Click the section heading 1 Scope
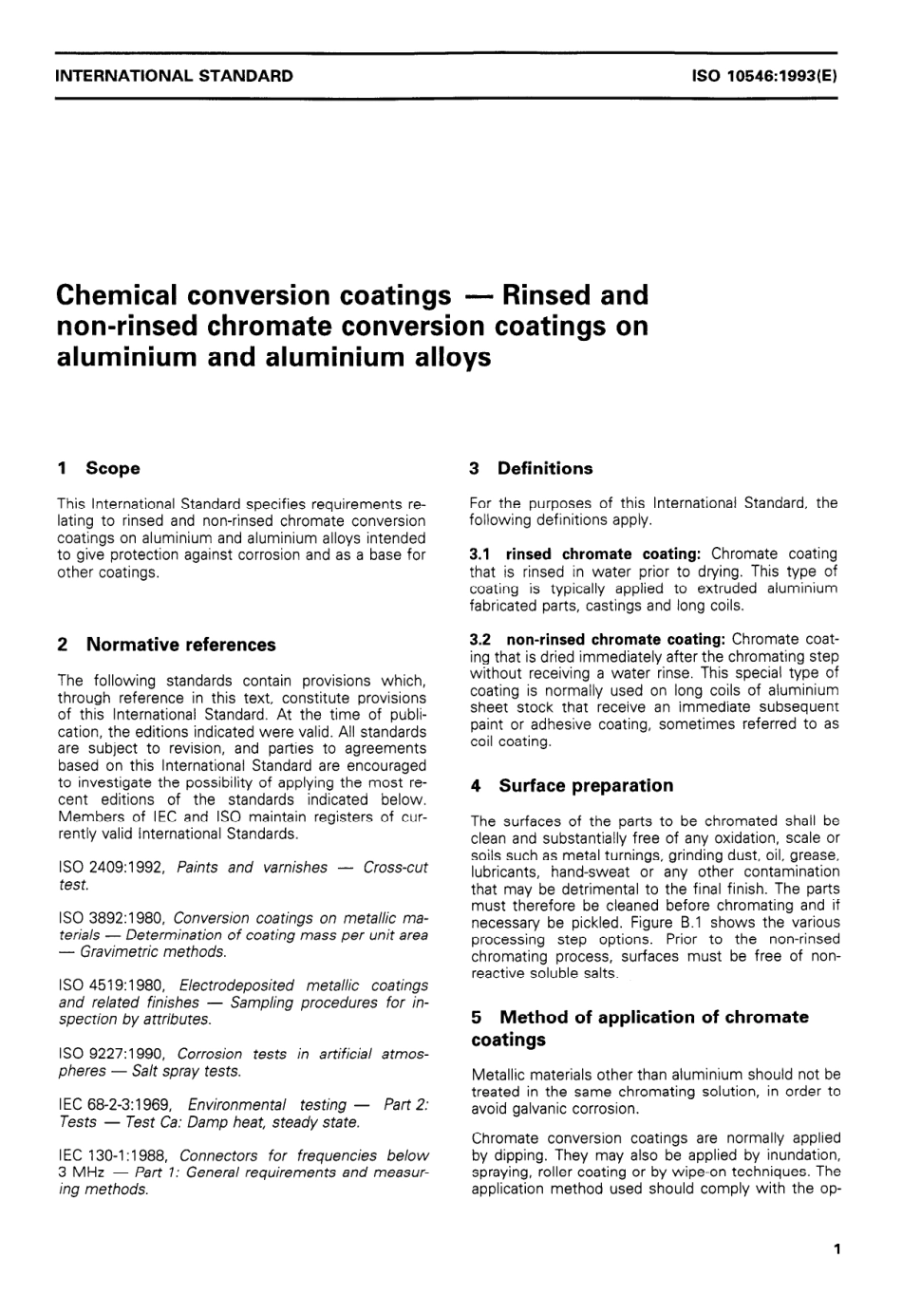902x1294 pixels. pyautogui.click(x=99, y=468)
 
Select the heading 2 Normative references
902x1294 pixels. pyautogui.click(x=167, y=645)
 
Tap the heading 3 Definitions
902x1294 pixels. pyautogui.click(x=531, y=468)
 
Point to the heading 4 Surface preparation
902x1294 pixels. pyautogui.click(x=572, y=785)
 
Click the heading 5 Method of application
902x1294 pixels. pyautogui.click(x=640, y=1017)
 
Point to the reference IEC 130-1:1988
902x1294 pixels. pyautogui.click(x=114, y=1155)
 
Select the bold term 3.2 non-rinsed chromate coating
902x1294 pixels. pyautogui.click(x=599, y=639)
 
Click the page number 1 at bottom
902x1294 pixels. pyautogui.click(x=836, y=1249)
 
